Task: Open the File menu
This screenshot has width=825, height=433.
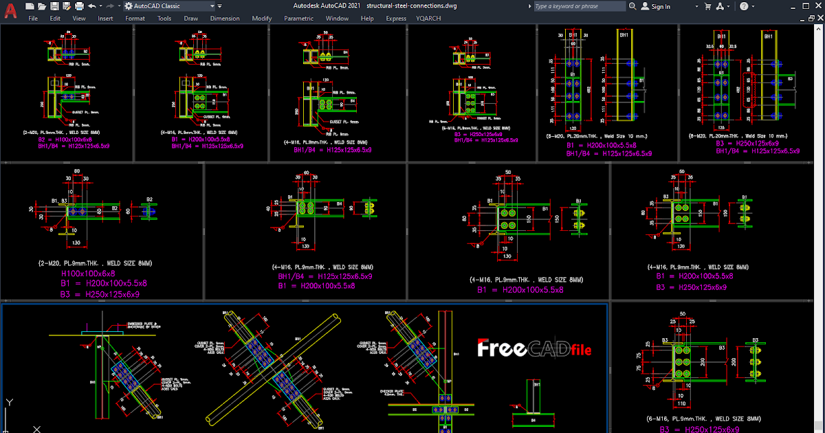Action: (33, 19)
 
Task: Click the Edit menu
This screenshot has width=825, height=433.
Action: (55, 19)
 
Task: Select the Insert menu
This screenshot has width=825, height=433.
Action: (105, 19)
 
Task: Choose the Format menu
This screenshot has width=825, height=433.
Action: (135, 19)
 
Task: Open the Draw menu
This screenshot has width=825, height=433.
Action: (190, 19)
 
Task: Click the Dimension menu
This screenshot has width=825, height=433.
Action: (225, 19)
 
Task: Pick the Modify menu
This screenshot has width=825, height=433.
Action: (261, 19)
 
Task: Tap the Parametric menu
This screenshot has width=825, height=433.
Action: (298, 19)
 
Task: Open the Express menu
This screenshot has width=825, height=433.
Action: (396, 19)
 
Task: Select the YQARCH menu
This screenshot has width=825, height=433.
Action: (428, 19)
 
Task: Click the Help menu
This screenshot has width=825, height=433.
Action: (367, 19)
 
